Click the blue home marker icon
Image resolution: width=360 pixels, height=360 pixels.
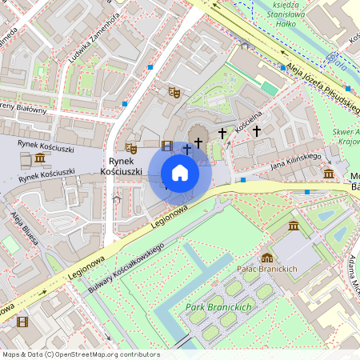180,173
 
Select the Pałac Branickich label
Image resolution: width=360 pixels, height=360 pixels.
267,270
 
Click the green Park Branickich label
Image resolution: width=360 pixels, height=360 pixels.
218,307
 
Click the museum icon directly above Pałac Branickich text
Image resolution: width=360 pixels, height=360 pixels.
267,257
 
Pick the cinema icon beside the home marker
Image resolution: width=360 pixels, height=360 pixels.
166,146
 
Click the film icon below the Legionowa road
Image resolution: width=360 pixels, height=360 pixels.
22,322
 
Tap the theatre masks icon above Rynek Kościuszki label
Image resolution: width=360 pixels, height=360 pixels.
131,148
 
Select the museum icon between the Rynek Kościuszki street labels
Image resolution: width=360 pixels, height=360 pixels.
40,158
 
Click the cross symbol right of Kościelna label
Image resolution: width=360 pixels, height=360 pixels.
256,130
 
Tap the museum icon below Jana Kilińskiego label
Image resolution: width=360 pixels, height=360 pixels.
329,174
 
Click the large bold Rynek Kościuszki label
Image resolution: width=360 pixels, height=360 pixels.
121,166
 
